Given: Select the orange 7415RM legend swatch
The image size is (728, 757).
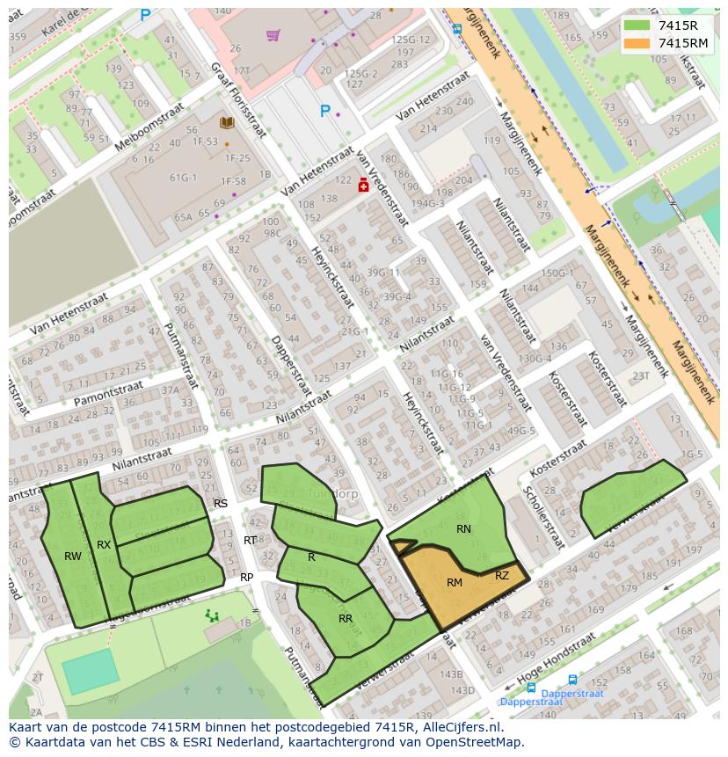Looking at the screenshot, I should [x=638, y=43].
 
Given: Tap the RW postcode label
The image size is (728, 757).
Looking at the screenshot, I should [x=73, y=557].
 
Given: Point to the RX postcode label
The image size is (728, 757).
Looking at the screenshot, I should [x=104, y=545].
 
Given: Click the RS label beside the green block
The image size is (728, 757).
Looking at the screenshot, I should [x=221, y=504].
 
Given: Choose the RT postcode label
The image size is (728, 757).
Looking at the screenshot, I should [x=251, y=541].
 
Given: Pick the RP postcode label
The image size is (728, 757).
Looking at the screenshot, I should [x=247, y=578].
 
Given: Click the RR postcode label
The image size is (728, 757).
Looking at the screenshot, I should [x=346, y=619].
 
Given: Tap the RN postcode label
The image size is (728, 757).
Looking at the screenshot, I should [x=463, y=529].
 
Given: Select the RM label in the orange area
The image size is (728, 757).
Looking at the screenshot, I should [x=455, y=583].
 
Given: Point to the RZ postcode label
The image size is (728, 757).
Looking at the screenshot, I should [x=502, y=577].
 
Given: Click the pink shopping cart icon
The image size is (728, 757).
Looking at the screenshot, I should [x=273, y=35].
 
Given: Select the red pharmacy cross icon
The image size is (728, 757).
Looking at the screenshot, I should [x=362, y=186].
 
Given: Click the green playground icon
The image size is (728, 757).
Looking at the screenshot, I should [x=212, y=615].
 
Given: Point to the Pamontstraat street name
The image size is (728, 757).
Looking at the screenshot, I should [x=108, y=393].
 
